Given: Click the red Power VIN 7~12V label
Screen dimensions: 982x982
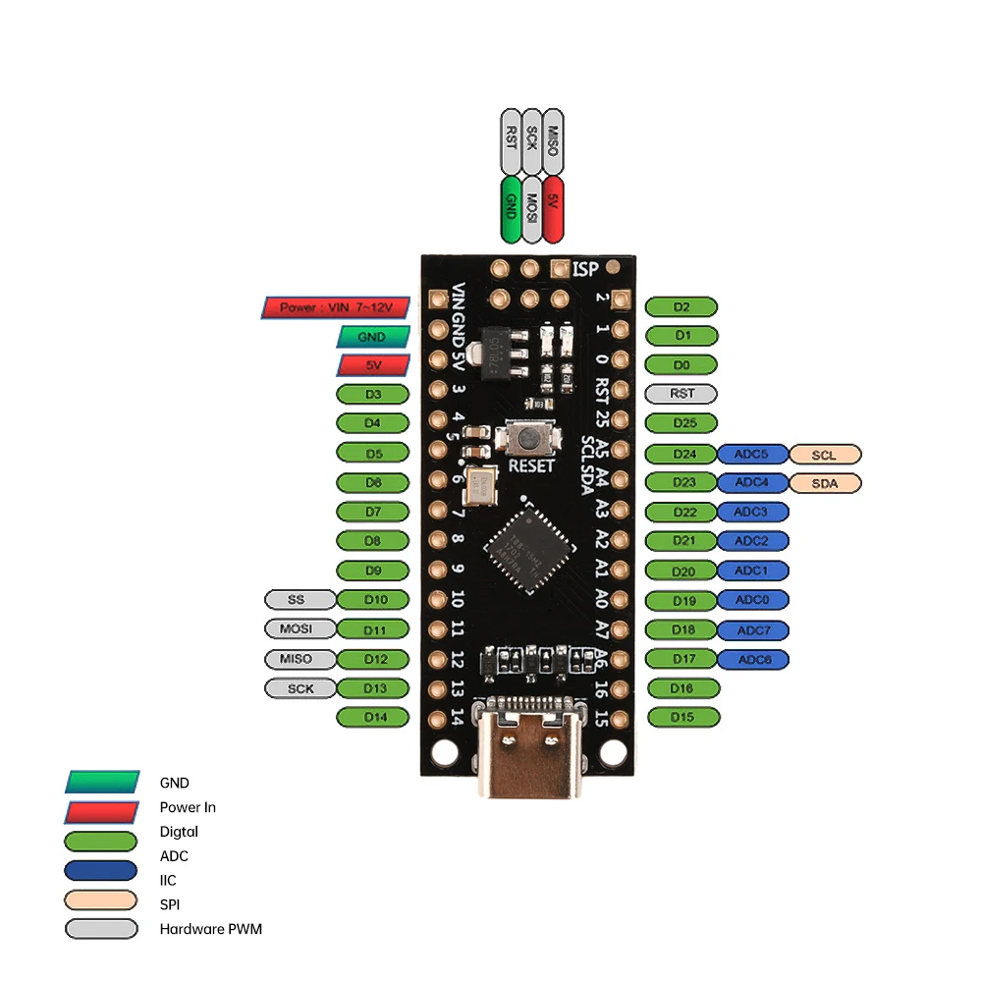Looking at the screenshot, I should pos(335,307).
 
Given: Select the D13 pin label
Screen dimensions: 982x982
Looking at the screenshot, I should pos(373,687).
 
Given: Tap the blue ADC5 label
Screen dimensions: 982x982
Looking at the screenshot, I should pos(752,454).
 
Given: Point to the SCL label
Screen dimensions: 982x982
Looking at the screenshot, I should pos(825,454).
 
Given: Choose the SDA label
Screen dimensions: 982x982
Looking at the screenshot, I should pos(825,483).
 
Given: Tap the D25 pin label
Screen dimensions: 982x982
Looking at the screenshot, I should pos(682,423).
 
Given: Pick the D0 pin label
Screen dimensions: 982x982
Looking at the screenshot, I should pos(682,364).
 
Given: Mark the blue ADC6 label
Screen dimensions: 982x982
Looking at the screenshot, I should pos(752,659).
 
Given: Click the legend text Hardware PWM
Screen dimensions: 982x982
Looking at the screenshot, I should pos(210,928).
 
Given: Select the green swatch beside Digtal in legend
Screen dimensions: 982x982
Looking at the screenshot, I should pos(100,842).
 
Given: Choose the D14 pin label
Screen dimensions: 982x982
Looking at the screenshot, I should pos(373,717).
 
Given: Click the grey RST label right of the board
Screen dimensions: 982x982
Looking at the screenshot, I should pos(682,394).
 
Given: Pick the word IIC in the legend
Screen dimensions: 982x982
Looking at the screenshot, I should pos(168,880).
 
